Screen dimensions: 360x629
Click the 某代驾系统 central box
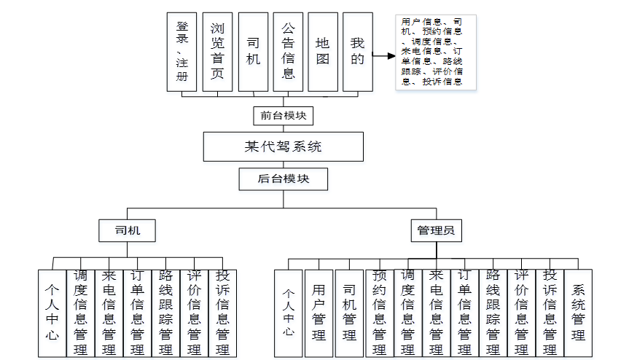283,146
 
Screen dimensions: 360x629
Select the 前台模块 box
283,115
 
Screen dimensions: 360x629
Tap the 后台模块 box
283,179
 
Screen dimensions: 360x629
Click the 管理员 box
435,231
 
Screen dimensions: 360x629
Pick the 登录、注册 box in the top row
181,51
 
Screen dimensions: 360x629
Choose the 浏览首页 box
217,51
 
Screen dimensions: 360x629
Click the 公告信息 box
288,51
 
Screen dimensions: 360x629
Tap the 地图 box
323,51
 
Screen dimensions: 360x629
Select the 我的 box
357,51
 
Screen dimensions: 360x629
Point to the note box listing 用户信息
435,52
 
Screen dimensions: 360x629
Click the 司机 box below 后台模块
128,231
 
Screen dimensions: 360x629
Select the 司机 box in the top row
253,51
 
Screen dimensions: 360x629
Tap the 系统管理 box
578,313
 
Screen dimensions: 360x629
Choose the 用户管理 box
319,313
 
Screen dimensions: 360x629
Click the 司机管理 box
349,313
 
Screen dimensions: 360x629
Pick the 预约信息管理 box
379,313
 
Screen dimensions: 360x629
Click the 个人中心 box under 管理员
288,313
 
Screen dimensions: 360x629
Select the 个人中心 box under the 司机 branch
52,313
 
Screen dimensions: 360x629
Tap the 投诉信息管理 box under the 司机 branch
222,313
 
